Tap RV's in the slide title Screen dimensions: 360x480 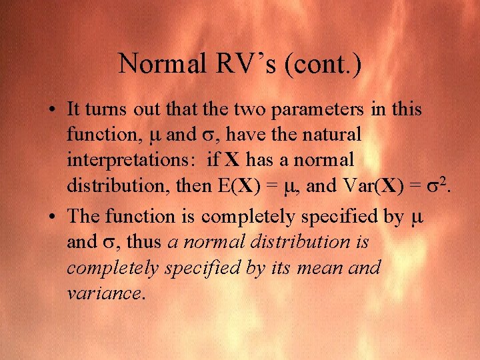(x=235, y=63)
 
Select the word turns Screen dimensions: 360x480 (x=105, y=109)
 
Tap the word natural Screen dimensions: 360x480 (x=331, y=135)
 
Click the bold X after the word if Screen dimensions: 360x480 (x=231, y=161)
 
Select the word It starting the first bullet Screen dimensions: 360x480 (x=74, y=109)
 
